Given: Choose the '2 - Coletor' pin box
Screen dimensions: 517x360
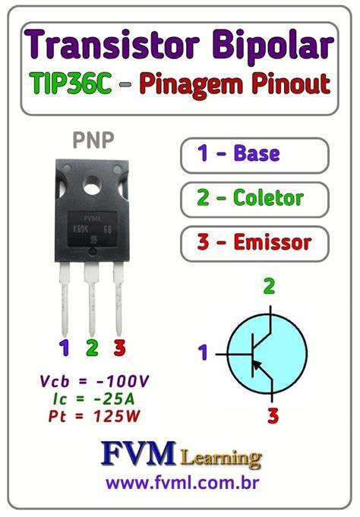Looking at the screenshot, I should tap(255, 198).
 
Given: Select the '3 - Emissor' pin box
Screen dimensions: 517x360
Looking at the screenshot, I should tap(255, 243).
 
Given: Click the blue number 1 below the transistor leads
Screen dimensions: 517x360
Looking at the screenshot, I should tap(65, 348).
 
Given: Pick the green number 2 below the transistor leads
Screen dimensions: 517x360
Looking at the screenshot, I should tap(92, 348).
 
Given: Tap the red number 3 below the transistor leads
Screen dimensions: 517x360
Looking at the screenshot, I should tap(119, 348).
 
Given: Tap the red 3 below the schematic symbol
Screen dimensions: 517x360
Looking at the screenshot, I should tap(273, 416).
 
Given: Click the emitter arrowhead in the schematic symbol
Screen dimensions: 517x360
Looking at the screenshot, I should tap(261, 368).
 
